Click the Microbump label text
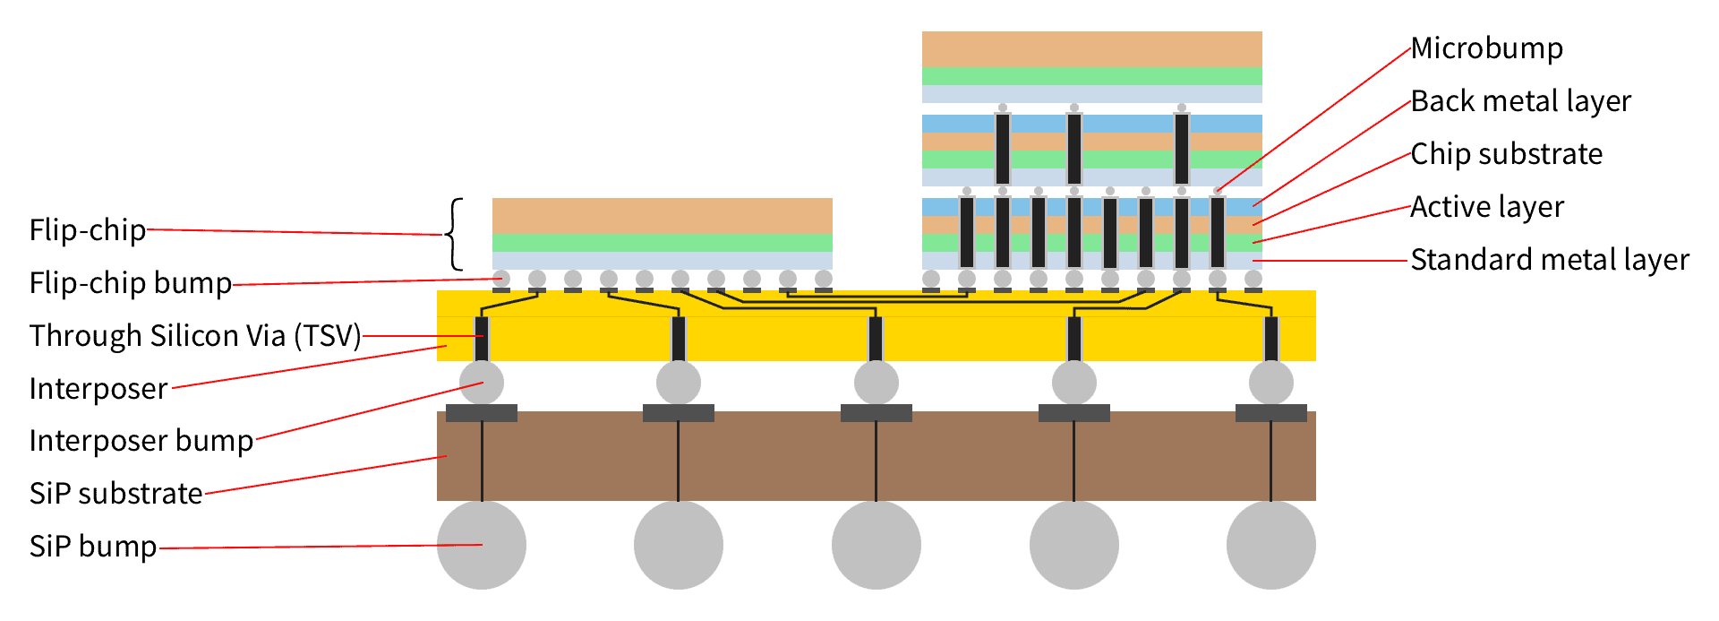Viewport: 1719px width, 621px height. (x=1486, y=48)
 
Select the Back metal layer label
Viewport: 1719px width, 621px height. (x=1520, y=101)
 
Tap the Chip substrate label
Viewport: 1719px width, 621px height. (x=1506, y=154)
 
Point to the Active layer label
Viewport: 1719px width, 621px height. (x=1487, y=207)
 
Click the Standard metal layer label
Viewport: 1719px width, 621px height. (x=1549, y=260)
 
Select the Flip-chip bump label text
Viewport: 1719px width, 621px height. (x=131, y=283)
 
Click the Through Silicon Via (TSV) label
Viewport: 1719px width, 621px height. (x=195, y=336)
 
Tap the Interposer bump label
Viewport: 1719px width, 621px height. (x=141, y=441)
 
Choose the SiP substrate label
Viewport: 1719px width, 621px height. (x=116, y=494)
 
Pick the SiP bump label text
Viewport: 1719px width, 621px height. (x=93, y=547)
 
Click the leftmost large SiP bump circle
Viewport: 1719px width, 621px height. (x=482, y=545)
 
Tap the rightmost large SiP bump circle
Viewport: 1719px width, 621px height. (x=1270, y=545)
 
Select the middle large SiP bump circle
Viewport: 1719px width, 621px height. (x=876, y=545)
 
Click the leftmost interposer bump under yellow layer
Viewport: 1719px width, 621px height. (x=482, y=384)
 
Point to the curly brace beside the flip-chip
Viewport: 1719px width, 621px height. (x=456, y=234)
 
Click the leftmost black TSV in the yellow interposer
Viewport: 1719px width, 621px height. (x=482, y=339)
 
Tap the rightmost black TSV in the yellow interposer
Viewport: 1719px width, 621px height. (x=1270, y=339)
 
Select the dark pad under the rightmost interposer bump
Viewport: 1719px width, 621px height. (x=1270, y=413)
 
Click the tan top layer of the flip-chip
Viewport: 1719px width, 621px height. (x=663, y=216)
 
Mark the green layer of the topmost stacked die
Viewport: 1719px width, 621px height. (x=1092, y=76)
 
